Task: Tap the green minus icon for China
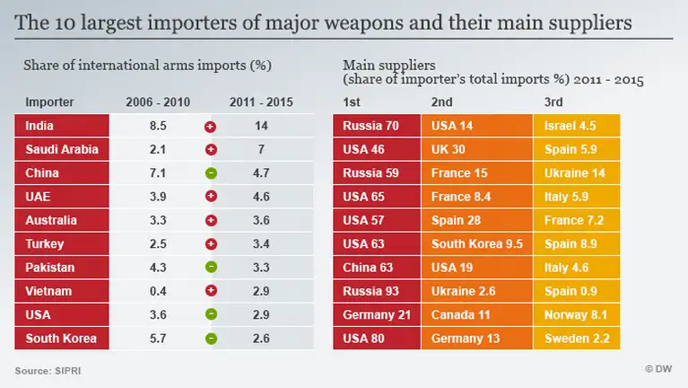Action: [x=211, y=173]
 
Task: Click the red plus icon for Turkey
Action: [x=211, y=243]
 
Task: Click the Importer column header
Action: [x=49, y=101]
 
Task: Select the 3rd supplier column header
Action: [x=553, y=101]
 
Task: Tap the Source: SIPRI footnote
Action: [x=43, y=370]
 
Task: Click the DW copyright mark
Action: [x=658, y=370]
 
